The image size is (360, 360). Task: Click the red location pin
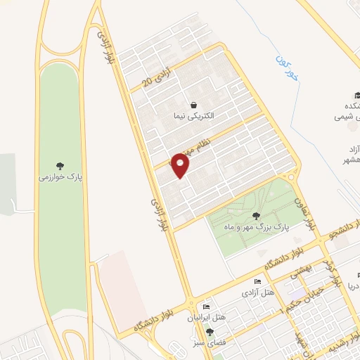(x=181, y=166)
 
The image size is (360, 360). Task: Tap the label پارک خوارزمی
(x=60, y=179)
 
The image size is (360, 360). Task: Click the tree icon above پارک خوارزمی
(x=60, y=167)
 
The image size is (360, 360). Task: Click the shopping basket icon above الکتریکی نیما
(x=193, y=104)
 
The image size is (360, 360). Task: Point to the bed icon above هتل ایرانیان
(x=206, y=307)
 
